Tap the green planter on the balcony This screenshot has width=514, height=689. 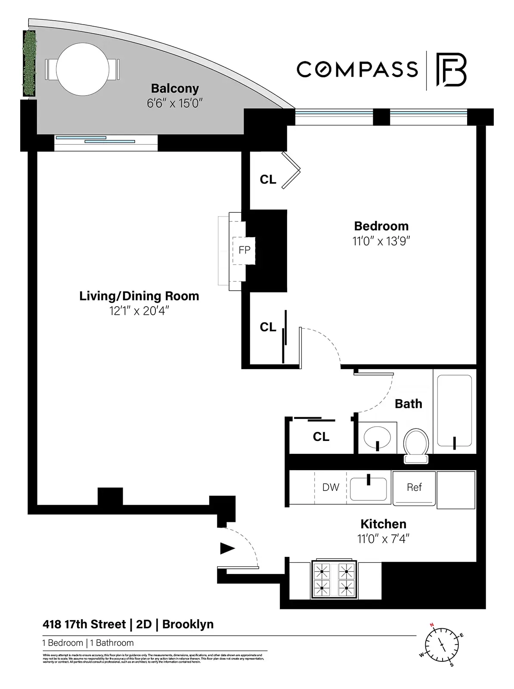coord(29,63)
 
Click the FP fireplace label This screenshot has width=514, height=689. coord(244,250)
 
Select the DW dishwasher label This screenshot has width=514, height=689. coord(331,487)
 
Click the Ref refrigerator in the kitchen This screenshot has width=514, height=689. coord(414,487)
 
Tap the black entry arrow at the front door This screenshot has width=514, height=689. coord(227,548)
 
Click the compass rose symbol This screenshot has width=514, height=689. coord(442,645)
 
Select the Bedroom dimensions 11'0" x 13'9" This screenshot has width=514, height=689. coord(381,241)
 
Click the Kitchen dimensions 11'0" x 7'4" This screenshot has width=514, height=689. coord(383,539)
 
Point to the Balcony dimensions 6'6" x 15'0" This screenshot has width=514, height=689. coord(175,103)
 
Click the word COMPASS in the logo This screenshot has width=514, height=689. coord(357,70)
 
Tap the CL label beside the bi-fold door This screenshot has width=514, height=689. coord(268,180)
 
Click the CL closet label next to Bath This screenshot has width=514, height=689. coord(321,437)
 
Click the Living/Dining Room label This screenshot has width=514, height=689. coord(139,296)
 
